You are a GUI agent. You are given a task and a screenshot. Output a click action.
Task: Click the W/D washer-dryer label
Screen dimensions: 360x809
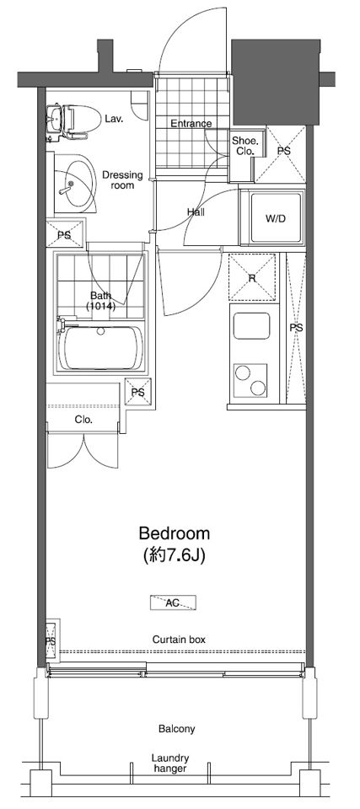[x=276, y=218]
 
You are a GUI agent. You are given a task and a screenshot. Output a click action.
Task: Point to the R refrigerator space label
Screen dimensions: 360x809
[x=252, y=278]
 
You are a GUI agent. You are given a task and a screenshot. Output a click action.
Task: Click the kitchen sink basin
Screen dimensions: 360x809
[x=250, y=326]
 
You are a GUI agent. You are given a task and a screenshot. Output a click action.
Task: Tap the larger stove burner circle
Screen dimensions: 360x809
[x=242, y=373]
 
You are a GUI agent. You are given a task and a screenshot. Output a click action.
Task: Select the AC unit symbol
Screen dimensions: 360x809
[x=173, y=603]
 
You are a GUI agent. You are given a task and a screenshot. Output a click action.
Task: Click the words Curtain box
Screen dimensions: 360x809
[x=179, y=640]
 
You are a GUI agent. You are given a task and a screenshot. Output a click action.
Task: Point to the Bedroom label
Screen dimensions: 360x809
[x=175, y=533]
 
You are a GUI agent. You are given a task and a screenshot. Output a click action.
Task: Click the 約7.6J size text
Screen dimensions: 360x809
[x=175, y=555]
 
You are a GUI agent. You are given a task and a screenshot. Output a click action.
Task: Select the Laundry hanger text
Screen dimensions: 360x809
[x=170, y=763]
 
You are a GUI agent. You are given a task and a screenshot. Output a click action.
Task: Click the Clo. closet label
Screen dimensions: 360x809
[x=83, y=420]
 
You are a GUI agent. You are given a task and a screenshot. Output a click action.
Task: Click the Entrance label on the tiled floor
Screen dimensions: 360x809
[x=191, y=124]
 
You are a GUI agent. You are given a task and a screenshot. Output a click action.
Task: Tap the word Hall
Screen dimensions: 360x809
[x=196, y=212]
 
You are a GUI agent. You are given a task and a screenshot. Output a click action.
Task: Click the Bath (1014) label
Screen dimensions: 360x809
[x=102, y=301]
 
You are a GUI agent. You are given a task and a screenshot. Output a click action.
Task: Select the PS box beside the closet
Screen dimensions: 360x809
[x=138, y=392]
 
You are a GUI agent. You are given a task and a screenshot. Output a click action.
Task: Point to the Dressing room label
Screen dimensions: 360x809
[x=122, y=180]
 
